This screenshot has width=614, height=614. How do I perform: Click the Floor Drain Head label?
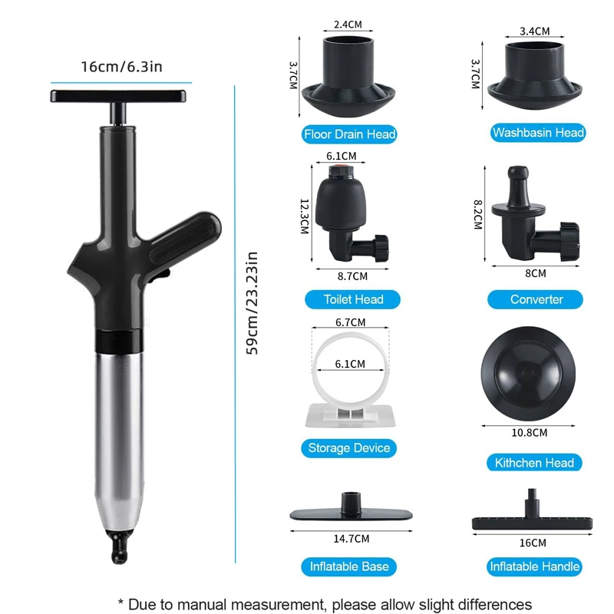[349, 135]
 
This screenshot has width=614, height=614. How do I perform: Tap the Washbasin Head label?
[538, 133]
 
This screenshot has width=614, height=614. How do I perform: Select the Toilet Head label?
[353, 299]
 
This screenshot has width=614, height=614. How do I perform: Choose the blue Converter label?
[536, 299]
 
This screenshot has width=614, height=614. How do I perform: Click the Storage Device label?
[349, 447]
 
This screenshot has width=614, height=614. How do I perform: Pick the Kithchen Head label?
[534, 463]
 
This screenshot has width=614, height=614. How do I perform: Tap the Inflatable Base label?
[349, 566]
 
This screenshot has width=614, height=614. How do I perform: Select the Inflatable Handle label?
[534, 567]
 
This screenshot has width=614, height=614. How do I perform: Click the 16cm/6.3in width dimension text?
[121, 66]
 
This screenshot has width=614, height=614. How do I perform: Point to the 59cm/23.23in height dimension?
[252, 302]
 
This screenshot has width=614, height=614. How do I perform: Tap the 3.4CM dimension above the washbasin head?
[534, 31]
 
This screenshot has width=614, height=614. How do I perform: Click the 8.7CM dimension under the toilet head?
[353, 275]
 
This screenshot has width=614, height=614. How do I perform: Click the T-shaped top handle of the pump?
[118, 97]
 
